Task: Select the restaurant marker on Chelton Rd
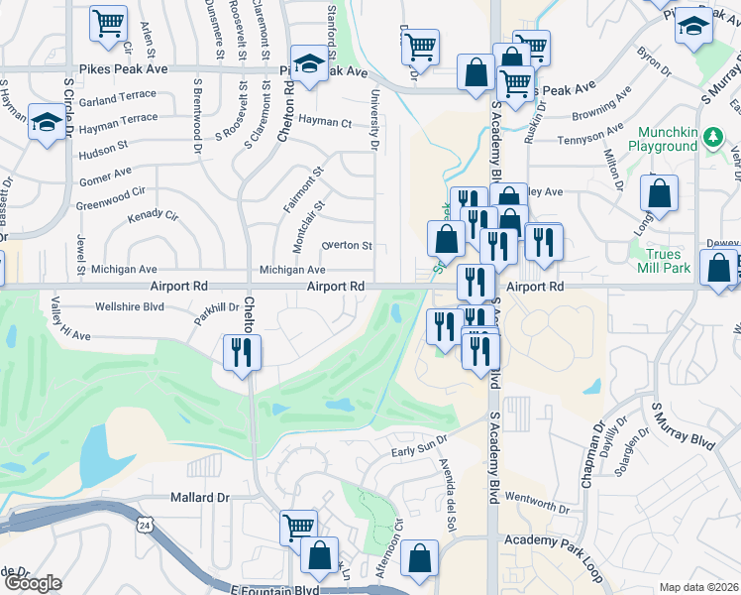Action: [x=242, y=352]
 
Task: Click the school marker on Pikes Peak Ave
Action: [x=310, y=64]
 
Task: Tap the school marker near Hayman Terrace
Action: [x=46, y=124]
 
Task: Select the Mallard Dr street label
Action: [x=199, y=497]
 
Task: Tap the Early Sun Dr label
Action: [x=419, y=449]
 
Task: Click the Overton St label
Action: [x=347, y=246]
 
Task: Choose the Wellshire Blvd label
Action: [x=129, y=306]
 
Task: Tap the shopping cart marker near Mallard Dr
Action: [x=297, y=527]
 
